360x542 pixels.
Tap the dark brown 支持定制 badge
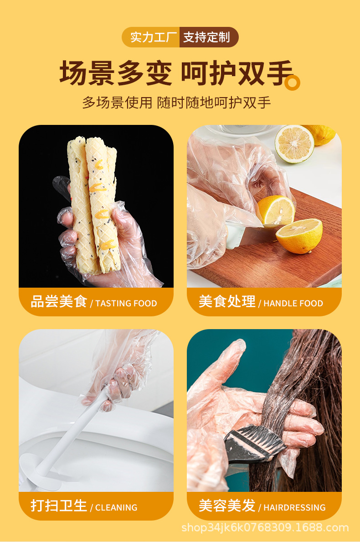pos(209,37)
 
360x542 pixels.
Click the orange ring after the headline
pos(293,83)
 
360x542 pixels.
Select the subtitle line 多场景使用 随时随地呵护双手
pos(176,103)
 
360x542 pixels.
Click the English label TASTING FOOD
pos(126,304)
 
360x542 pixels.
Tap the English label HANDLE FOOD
pos(293,304)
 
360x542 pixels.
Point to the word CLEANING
pos(116,507)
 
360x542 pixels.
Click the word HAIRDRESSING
pos(294,507)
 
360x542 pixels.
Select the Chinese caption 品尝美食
pos(59,301)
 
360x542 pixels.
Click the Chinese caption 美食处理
pos(227,301)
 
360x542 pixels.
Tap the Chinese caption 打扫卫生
pos(59,506)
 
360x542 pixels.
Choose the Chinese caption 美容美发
pos(227,506)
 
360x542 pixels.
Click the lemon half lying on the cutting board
pos(299,236)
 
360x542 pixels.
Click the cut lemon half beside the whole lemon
pos(294,144)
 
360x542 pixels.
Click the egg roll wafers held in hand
pos(93,204)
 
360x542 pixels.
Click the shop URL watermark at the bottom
pos(265,528)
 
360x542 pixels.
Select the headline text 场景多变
pos(116,73)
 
